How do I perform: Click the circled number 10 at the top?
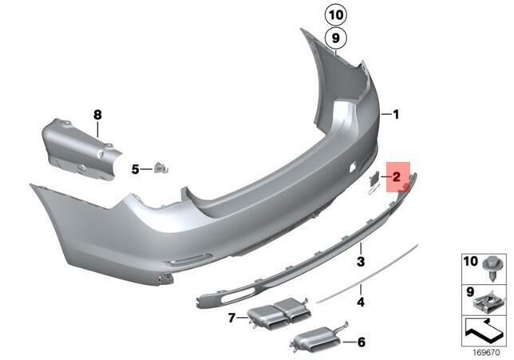(x=335, y=14)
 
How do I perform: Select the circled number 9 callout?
(x=335, y=38)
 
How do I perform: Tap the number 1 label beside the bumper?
(x=396, y=114)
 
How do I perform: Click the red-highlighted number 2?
(x=397, y=177)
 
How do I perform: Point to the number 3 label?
(x=361, y=262)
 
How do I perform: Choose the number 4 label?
(x=361, y=302)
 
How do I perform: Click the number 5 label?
(x=136, y=169)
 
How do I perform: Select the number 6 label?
(x=362, y=342)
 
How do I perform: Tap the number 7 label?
(x=231, y=318)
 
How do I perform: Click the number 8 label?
(x=97, y=115)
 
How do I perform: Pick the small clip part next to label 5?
(x=160, y=168)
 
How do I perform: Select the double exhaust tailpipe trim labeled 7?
(x=279, y=312)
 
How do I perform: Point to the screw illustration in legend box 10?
(x=491, y=270)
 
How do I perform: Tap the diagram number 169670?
(x=486, y=353)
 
